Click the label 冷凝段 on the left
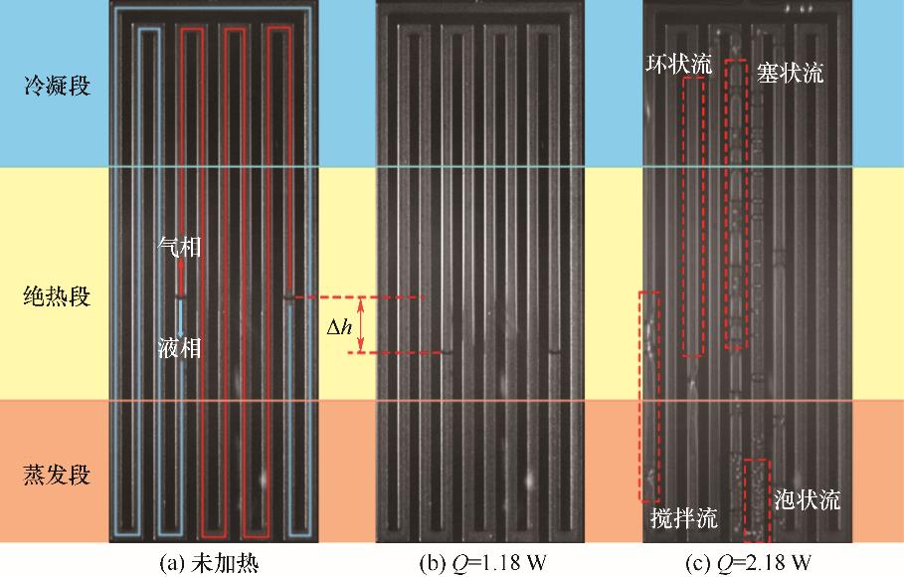(57, 86)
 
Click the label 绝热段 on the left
(57, 296)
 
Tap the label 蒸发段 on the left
(57, 475)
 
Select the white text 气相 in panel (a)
(179, 247)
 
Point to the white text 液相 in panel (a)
(179, 347)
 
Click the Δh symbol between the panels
(339, 327)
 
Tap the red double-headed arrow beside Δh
(361, 325)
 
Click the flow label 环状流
(678, 64)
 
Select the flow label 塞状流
(790, 73)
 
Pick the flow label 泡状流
(808, 499)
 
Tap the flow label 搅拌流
(684, 517)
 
